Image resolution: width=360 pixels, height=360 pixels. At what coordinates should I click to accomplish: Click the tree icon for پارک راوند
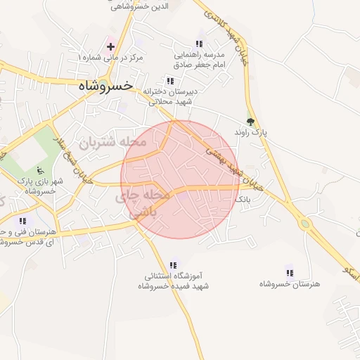click(x=250, y=121)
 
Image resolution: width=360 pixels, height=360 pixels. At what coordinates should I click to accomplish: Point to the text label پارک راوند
click(x=251, y=132)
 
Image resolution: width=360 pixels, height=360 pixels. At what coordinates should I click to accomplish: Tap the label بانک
click(x=242, y=200)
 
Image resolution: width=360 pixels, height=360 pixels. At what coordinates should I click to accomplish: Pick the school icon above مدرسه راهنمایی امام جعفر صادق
click(x=200, y=43)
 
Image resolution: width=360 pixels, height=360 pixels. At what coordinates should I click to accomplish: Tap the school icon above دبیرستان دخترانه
click(x=169, y=81)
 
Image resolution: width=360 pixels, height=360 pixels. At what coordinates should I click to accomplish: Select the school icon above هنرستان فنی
click(x=23, y=221)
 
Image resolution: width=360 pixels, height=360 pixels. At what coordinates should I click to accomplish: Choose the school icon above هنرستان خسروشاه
click(x=289, y=272)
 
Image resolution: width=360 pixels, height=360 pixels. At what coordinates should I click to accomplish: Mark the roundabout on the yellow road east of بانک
click(x=304, y=224)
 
